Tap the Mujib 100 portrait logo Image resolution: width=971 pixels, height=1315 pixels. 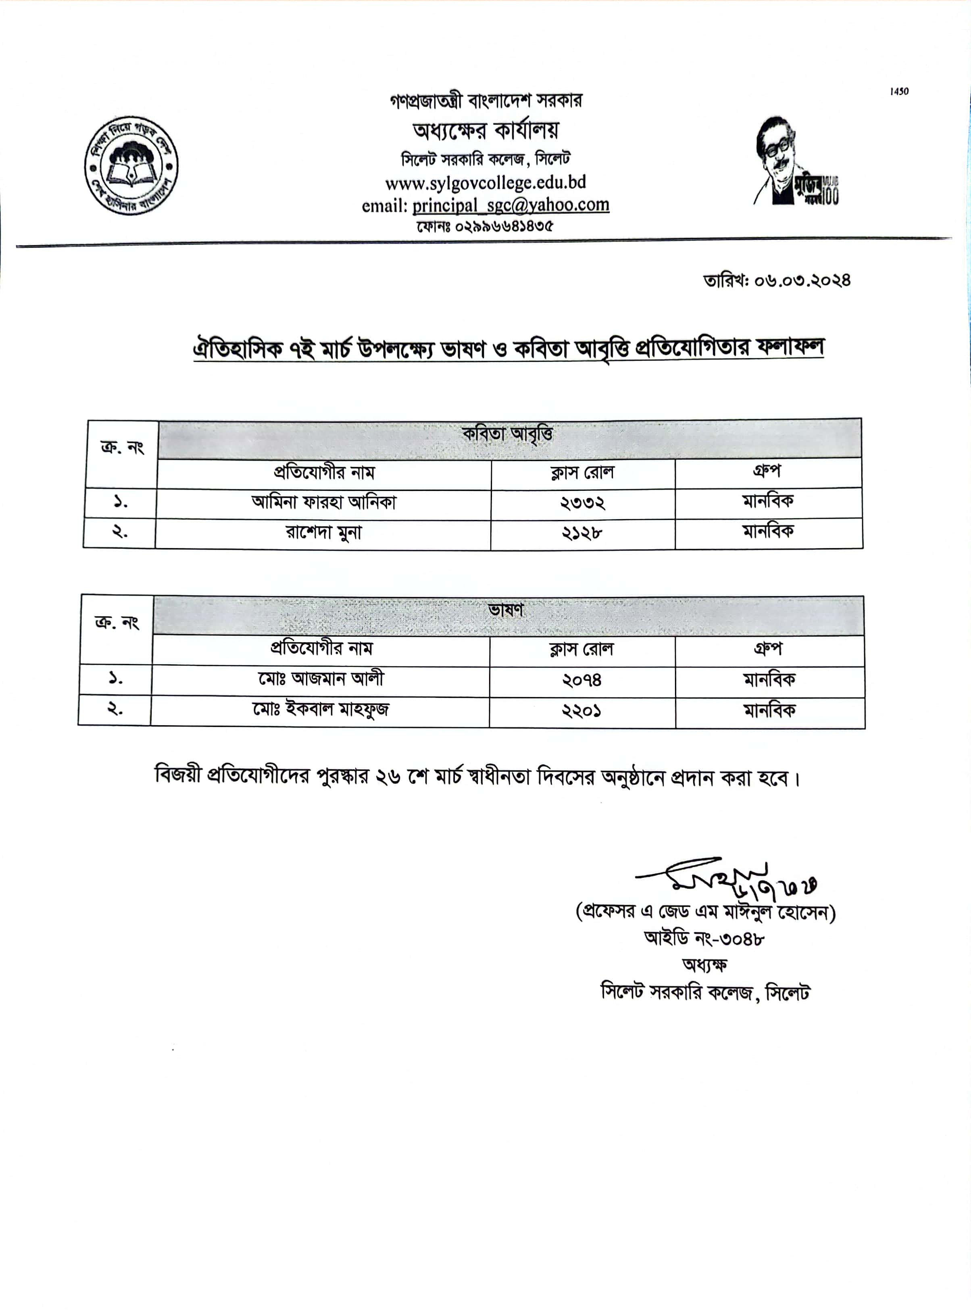(795, 162)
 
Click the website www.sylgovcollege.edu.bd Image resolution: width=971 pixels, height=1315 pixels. (485, 183)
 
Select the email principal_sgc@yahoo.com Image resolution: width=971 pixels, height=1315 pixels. (510, 205)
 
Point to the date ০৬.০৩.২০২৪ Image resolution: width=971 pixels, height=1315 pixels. (802, 280)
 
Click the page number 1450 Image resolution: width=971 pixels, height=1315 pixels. (899, 91)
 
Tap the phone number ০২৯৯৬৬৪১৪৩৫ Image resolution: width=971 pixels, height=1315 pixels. (503, 226)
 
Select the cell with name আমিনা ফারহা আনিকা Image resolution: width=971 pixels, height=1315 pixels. (324, 503)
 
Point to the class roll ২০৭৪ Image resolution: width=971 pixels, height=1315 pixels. (582, 681)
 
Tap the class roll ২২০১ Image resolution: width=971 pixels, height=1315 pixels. (582, 711)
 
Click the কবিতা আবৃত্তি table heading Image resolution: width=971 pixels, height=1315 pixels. (507, 435)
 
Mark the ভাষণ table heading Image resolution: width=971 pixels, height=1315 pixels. (506, 611)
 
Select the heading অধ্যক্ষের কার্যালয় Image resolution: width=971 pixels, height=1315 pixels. (485, 131)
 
